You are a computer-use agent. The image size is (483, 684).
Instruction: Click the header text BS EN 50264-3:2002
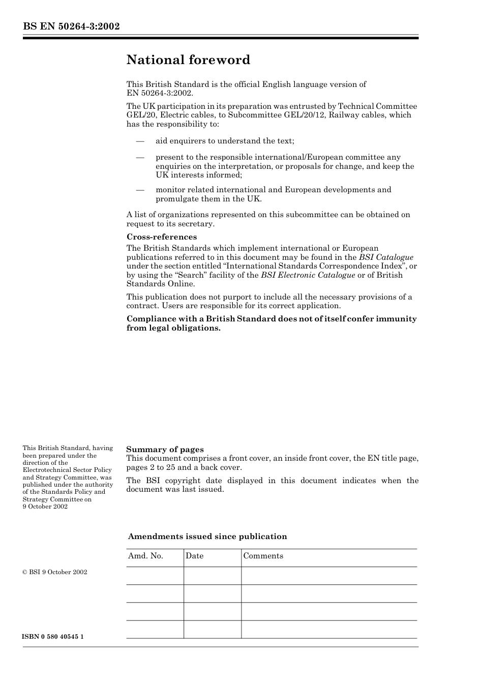click(71, 26)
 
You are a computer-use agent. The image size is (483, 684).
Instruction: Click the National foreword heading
click(188, 60)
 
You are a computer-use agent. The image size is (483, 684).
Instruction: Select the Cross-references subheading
click(161, 237)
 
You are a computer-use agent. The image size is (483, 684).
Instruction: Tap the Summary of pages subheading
click(165, 450)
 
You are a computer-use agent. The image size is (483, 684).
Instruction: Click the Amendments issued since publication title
click(207, 537)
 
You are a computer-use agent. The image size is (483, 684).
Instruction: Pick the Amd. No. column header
click(145, 556)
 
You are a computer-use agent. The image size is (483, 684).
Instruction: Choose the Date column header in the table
click(194, 556)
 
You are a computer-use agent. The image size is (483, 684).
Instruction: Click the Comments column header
click(263, 556)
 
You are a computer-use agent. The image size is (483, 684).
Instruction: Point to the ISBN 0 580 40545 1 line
click(53, 637)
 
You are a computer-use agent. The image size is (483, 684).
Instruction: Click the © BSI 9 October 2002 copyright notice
click(55, 572)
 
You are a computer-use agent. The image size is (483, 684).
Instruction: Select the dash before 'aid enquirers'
click(140, 141)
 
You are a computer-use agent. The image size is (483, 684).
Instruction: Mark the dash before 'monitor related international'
click(140, 190)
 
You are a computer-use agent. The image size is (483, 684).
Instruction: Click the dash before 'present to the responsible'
click(140, 158)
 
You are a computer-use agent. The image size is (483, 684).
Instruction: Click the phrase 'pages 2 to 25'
click(150, 467)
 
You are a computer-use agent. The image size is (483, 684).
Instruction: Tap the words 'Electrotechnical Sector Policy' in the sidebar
click(67, 470)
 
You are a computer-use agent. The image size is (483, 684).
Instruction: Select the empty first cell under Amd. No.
click(155, 576)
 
